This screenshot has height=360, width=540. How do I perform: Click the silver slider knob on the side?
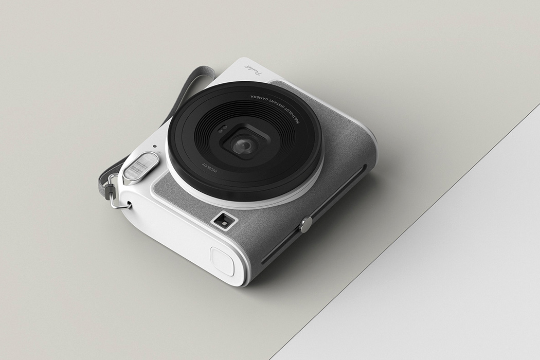tap(306, 224)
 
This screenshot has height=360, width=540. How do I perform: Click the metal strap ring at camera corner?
tap(119, 203)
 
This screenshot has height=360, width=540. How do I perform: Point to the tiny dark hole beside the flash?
tap(155, 146)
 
